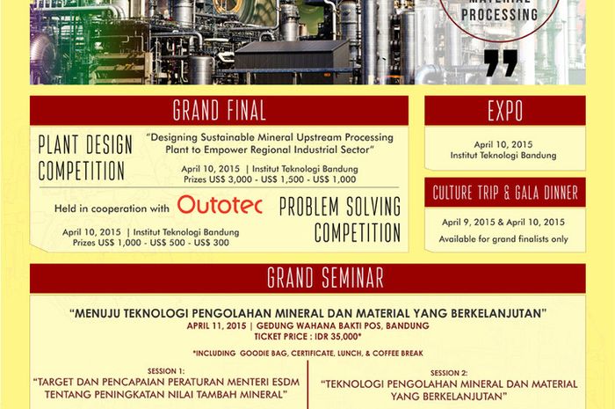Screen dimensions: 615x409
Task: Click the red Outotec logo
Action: [x=220, y=205]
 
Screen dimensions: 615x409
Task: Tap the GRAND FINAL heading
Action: [x=220, y=111]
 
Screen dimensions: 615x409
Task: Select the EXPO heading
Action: [x=505, y=111]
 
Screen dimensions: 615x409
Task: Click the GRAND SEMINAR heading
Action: [x=325, y=278]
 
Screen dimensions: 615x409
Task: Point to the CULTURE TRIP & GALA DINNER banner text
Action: [x=505, y=193]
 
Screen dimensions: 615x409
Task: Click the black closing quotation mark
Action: [x=501, y=62]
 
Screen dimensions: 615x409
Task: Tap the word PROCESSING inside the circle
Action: [x=499, y=15]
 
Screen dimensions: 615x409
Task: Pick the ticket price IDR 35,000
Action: [x=341, y=336]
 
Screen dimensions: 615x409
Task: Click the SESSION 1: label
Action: [x=166, y=371]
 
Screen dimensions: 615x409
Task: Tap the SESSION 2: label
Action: [x=449, y=373]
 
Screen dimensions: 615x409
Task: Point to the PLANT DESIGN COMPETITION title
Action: [x=85, y=157]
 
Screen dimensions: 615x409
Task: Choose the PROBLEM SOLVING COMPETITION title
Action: [x=340, y=220]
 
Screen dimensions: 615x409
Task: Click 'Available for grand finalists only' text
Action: [x=503, y=239]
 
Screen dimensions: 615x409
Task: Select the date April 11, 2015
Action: [x=216, y=325]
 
